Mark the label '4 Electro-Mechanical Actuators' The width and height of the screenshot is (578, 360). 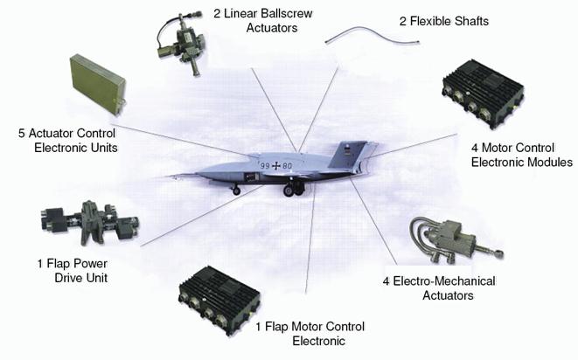pos(439,288)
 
